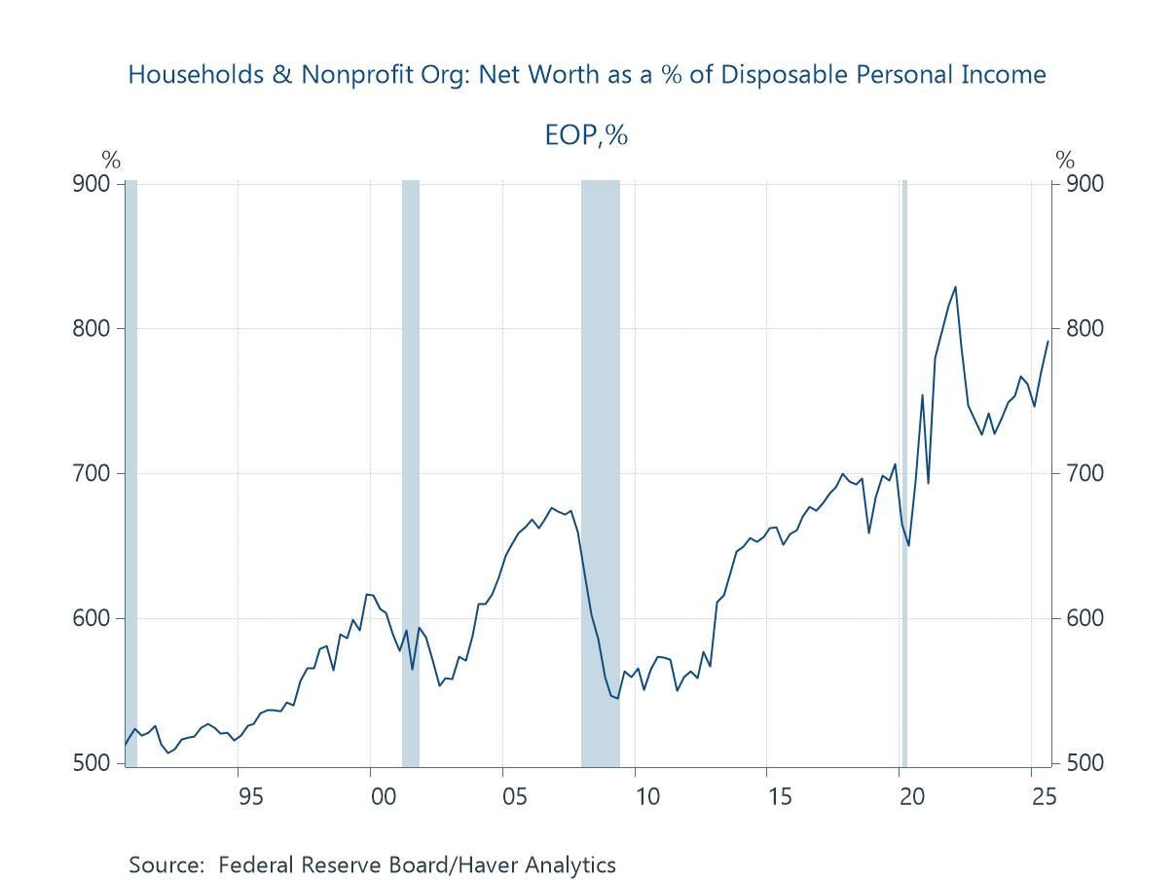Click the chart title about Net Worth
click(587, 74)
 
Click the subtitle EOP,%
click(586, 134)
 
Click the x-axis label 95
click(250, 796)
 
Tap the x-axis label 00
click(384, 796)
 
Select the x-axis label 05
click(515, 796)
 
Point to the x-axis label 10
click(646, 796)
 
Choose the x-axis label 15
click(779, 796)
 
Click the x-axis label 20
click(911, 796)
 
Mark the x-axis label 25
click(1043, 796)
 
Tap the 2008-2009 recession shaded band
click(600, 467)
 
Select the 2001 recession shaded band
click(411, 467)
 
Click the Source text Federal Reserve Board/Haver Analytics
click(372, 864)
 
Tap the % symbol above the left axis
click(111, 161)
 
